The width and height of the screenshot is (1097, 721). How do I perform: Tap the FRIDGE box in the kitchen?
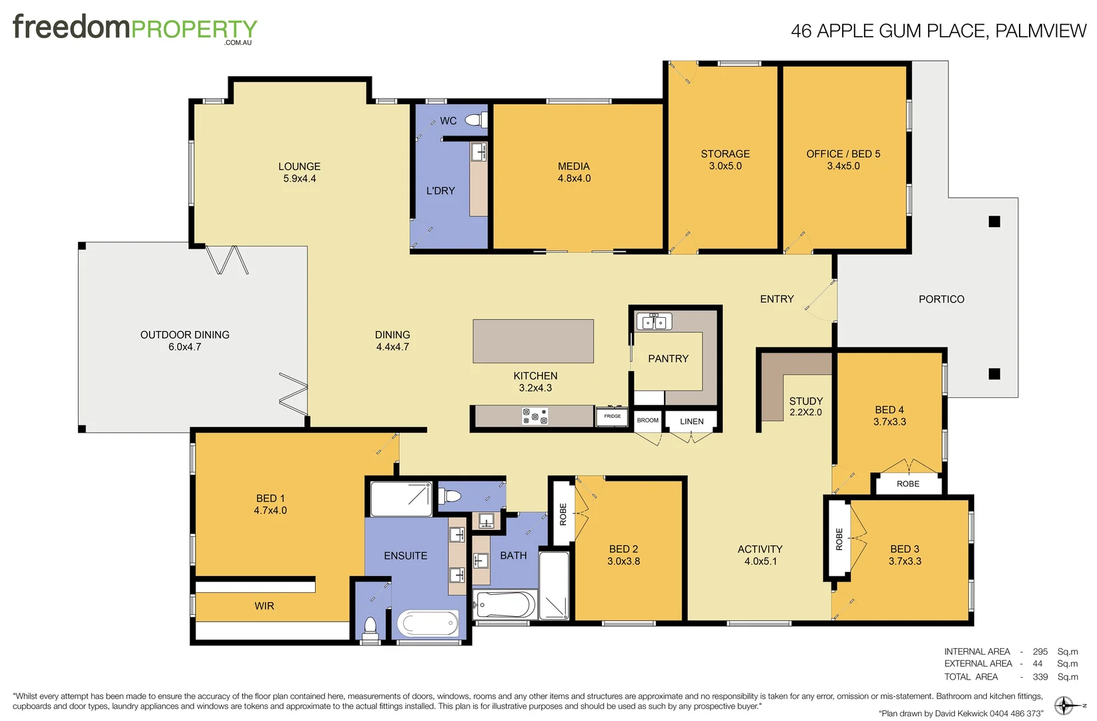612,416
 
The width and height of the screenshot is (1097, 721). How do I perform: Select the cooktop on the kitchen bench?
534,417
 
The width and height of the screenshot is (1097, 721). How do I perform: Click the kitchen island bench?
532,341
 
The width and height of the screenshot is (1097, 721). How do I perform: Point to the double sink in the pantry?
653,322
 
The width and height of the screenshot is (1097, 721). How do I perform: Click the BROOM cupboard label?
647,421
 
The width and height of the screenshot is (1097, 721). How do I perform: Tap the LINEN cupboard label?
691,421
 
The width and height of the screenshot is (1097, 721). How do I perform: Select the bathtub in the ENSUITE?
428,624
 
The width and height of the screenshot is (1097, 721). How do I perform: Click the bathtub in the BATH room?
505,606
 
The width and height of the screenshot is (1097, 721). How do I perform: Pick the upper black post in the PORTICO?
994,222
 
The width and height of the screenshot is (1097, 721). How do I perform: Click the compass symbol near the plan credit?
1064,706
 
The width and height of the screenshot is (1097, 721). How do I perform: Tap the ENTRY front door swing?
821,297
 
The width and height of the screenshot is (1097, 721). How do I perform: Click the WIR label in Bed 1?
264,606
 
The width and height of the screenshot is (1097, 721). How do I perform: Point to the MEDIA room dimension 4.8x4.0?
574,178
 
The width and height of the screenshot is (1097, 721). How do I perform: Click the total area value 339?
1040,676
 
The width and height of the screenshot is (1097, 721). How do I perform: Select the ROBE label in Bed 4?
907,484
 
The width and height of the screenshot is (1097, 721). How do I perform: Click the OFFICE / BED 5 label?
843,154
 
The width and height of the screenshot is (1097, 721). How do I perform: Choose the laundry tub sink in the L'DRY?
478,152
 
